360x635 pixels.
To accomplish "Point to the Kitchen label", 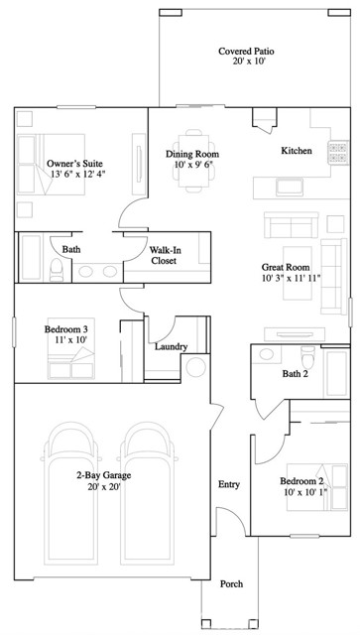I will click(x=297, y=151).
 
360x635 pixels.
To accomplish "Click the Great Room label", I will click(x=285, y=267).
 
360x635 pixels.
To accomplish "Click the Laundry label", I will click(x=172, y=346).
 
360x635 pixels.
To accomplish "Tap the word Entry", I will click(x=229, y=484).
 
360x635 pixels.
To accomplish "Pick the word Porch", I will click(x=231, y=584).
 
